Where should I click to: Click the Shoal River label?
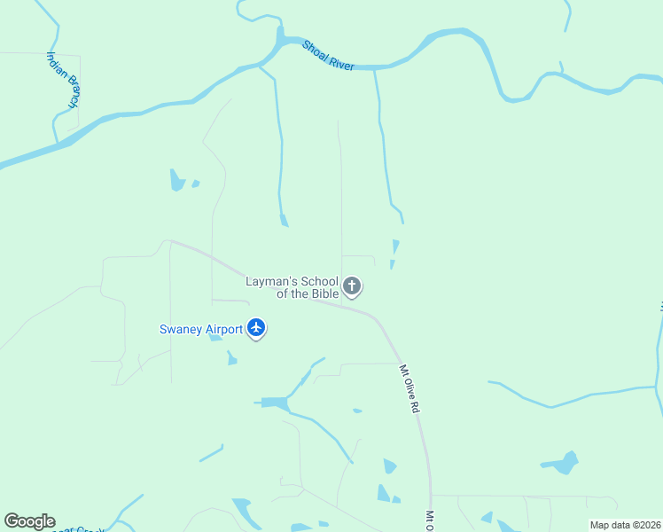coord(328,55)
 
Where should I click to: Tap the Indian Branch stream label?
coord(63,79)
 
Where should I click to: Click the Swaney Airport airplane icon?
coord(257,328)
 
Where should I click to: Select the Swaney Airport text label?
coord(201,329)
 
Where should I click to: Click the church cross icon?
coord(352,286)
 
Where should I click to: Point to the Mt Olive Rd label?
coord(409,390)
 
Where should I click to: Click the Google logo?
coord(29,521)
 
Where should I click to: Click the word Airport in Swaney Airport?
coord(224,329)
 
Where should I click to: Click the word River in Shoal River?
coord(340,61)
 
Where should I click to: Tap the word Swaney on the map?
coord(181,329)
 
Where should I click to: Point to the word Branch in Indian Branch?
coord(68,91)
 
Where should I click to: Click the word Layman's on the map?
coord(269,282)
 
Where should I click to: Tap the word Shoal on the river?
coord(314,48)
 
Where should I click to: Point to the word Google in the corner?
coord(29,521)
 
